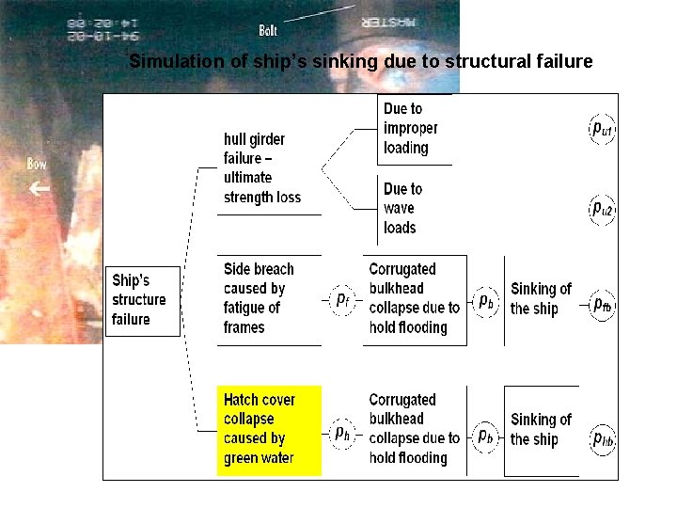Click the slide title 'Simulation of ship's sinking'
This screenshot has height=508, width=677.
(360, 62)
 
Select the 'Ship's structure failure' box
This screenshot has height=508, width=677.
(142, 300)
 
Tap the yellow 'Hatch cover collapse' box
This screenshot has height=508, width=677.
(269, 430)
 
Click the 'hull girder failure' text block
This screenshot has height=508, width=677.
(262, 167)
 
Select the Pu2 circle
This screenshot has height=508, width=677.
(602, 209)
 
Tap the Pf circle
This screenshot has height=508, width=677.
(344, 300)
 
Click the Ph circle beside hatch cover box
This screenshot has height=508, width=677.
(344, 433)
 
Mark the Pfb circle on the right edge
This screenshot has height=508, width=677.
(603, 305)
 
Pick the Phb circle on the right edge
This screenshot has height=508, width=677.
(603, 438)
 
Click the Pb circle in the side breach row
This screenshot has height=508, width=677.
(485, 301)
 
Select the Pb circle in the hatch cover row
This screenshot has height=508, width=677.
(485, 435)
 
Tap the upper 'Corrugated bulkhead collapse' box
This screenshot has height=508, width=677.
(415, 299)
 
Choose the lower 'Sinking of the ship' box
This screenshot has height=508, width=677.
(541, 430)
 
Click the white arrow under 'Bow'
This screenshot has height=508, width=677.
(39, 189)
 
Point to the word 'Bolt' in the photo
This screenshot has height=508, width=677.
(268, 31)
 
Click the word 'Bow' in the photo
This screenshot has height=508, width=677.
(37, 164)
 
